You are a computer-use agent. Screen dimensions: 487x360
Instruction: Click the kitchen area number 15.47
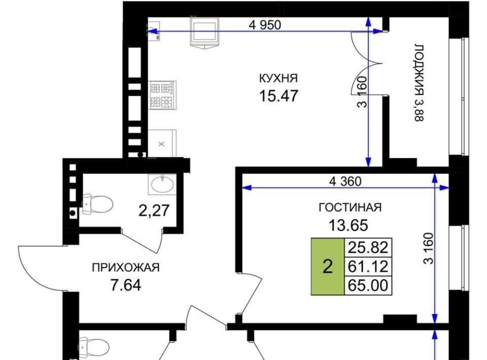(x=279, y=96)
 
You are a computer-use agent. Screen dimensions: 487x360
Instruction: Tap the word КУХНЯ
(x=279, y=78)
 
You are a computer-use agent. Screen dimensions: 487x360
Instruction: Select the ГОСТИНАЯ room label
(x=350, y=207)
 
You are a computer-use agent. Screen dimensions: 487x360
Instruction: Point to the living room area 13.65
(x=348, y=225)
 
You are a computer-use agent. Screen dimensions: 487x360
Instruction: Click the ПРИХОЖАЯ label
(x=126, y=267)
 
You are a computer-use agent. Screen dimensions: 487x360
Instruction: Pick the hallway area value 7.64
(x=126, y=285)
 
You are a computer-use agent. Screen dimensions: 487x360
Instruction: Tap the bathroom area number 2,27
(x=154, y=210)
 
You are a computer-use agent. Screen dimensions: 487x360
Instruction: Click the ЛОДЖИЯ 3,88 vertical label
(x=419, y=83)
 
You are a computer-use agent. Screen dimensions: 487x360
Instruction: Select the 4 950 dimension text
(x=265, y=25)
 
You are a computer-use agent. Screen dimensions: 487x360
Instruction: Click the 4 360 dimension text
(x=345, y=181)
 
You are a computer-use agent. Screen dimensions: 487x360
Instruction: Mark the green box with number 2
(x=328, y=266)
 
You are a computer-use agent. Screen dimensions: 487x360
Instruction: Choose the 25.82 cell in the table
(x=368, y=247)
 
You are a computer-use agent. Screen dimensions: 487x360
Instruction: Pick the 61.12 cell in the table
(x=368, y=266)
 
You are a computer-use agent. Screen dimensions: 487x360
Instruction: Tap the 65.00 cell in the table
(x=368, y=285)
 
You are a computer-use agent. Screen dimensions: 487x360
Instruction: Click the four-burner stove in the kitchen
(x=163, y=95)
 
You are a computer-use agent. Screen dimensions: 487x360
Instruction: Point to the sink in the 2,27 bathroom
(x=162, y=184)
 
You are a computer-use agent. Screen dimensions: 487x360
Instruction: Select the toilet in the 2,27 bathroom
(x=96, y=204)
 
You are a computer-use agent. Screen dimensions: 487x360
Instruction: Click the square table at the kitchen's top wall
(x=204, y=32)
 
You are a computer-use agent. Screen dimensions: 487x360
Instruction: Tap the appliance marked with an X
(x=162, y=143)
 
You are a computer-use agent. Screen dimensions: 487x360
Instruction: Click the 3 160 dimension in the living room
(x=429, y=248)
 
